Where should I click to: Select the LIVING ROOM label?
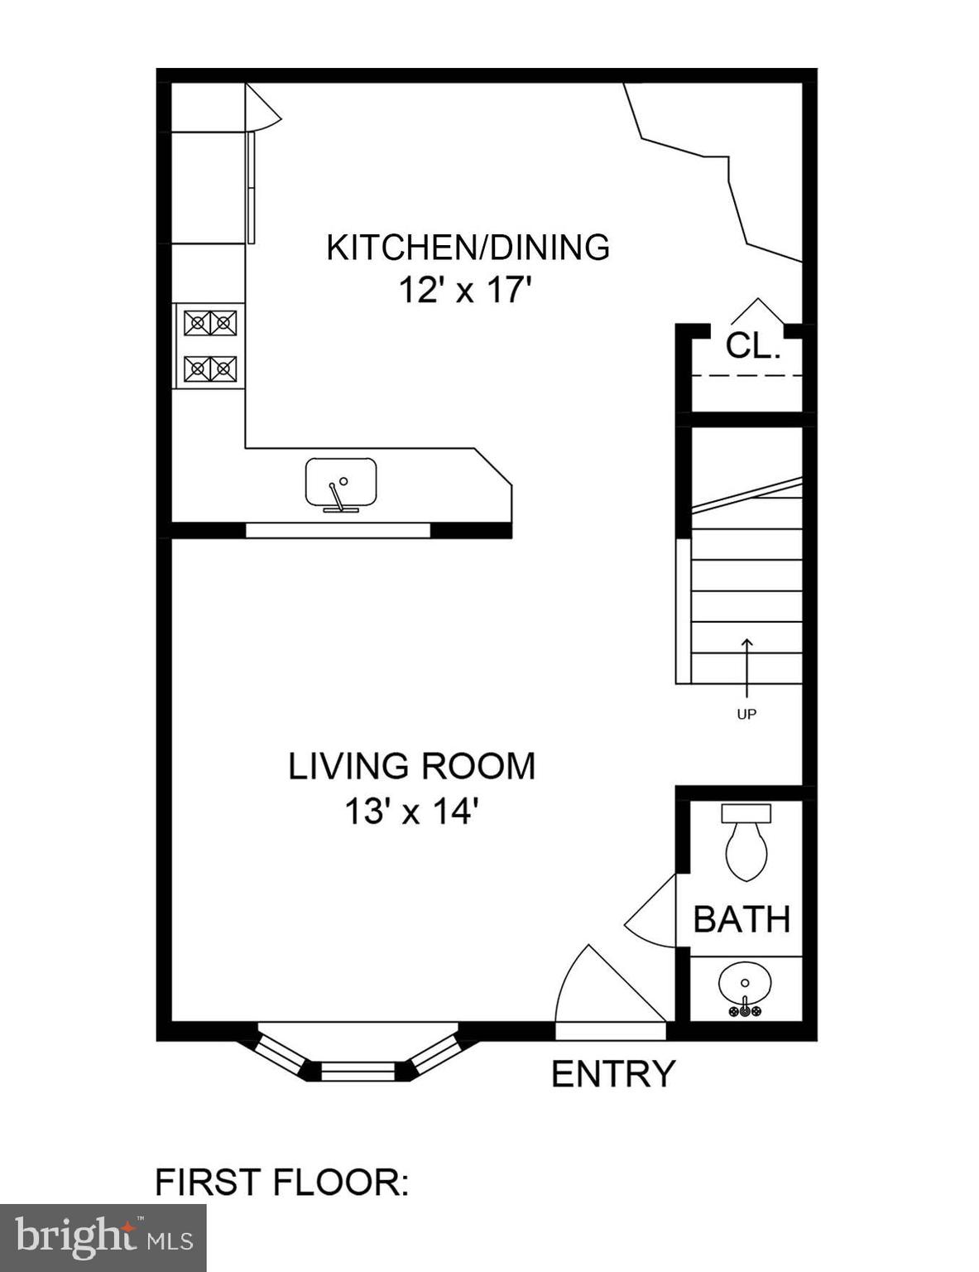(412, 766)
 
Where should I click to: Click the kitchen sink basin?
(341, 482)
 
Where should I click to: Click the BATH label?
(741, 919)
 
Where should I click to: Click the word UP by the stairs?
(746, 714)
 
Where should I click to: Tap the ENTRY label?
(613, 1073)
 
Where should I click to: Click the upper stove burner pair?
(210, 322)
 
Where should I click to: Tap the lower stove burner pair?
(210, 369)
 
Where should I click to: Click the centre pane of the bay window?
(358, 1072)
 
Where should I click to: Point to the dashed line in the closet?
(746, 375)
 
